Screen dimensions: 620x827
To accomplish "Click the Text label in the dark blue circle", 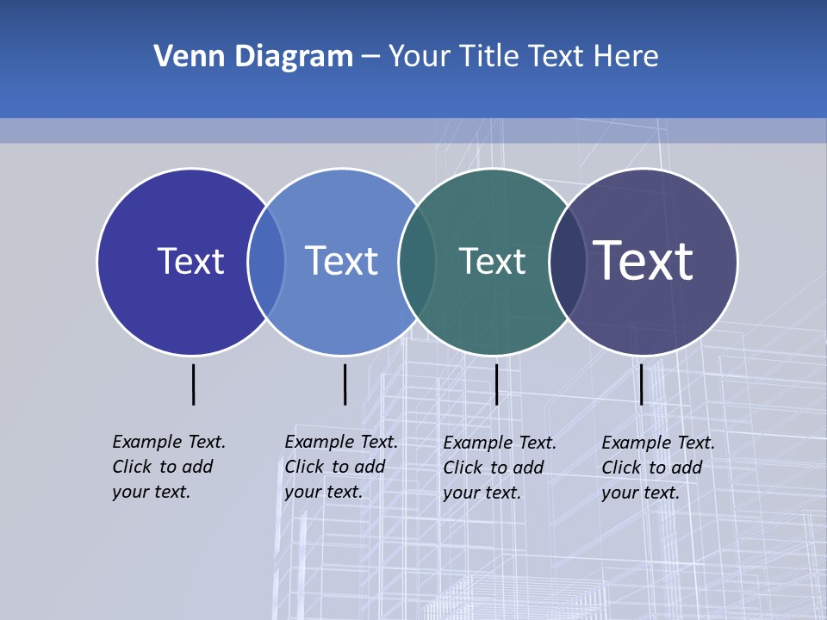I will pyautogui.click(x=190, y=261).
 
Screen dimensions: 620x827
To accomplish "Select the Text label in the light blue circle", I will pyautogui.click(x=341, y=261).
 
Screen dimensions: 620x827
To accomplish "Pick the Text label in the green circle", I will pyautogui.click(x=492, y=261).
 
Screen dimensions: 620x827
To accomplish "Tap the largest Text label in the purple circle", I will pyautogui.click(x=644, y=260).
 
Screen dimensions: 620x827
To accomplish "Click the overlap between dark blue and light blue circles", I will pyautogui.click(x=266, y=262).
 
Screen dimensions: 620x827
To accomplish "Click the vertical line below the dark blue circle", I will pyautogui.click(x=194, y=384).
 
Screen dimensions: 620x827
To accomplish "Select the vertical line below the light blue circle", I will pyautogui.click(x=345, y=384).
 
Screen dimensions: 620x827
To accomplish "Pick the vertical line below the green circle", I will pyautogui.click(x=496, y=384).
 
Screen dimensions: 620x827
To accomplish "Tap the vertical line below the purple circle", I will pyautogui.click(x=641, y=384).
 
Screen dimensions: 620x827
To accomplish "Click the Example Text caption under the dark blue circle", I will pyautogui.click(x=168, y=467).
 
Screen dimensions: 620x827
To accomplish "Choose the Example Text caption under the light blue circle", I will pyautogui.click(x=340, y=467).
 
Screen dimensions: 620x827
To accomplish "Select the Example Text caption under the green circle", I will pyautogui.click(x=499, y=468).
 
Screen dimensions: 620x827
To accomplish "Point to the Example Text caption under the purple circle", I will pyautogui.click(x=657, y=468).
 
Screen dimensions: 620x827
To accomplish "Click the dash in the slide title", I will pyautogui.click(x=370, y=57).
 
